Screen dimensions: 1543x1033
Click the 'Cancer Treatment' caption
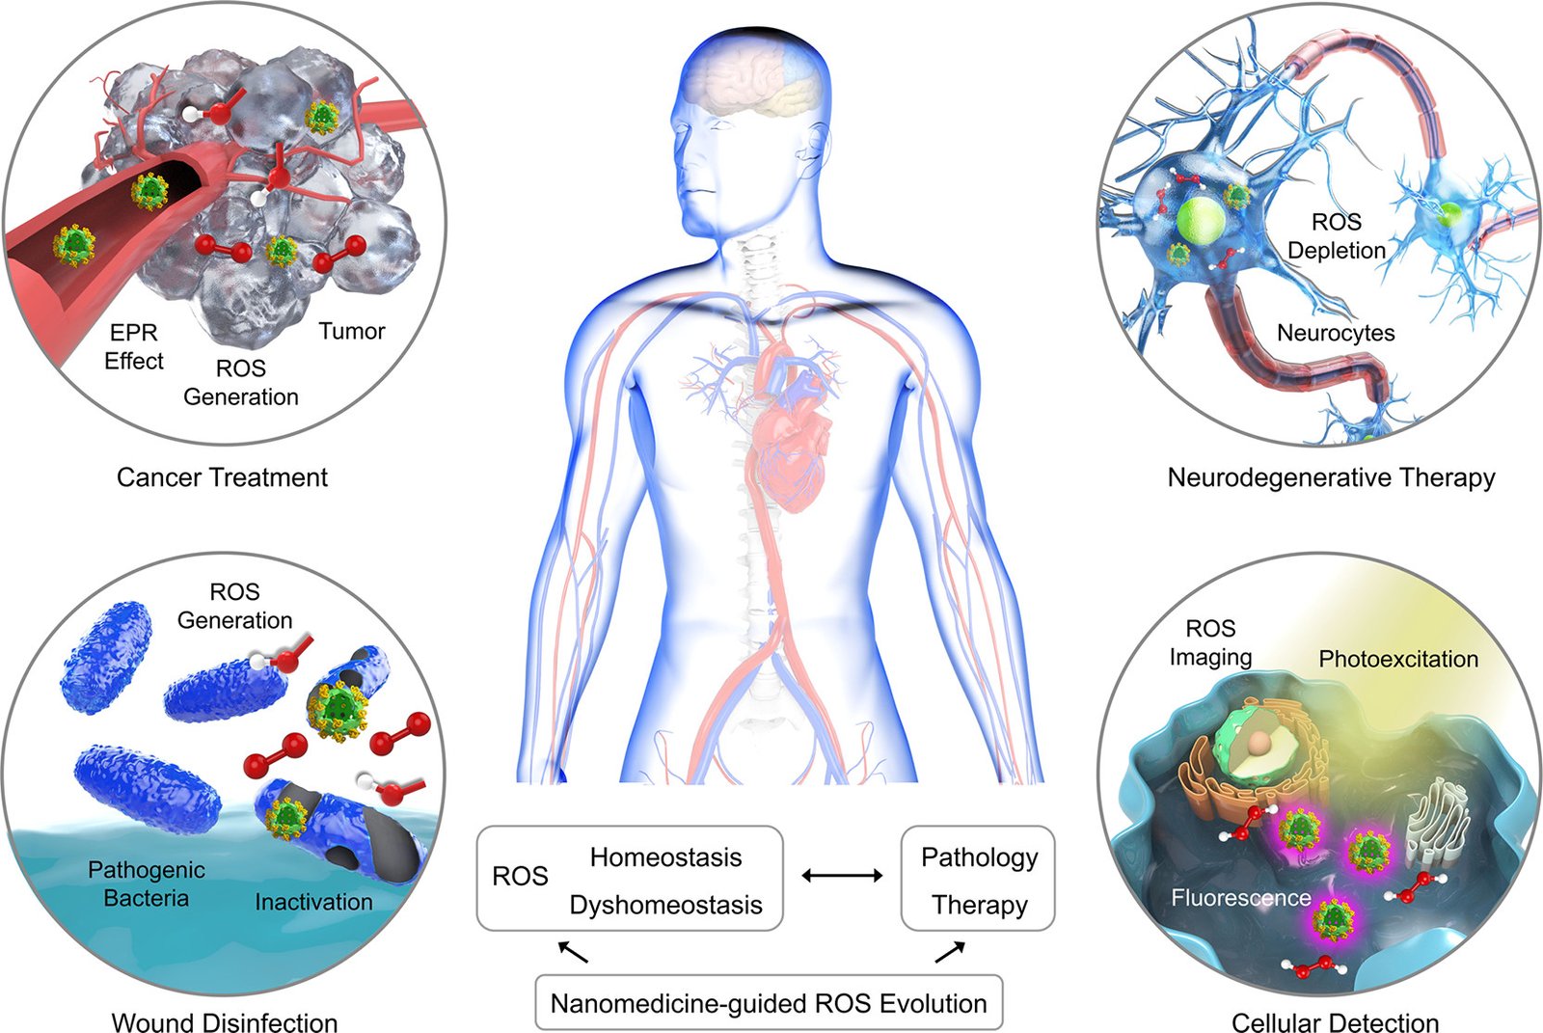click(x=222, y=477)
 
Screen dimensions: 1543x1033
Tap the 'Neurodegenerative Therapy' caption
click(x=1331, y=477)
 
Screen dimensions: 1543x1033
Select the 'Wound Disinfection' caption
click(x=225, y=1021)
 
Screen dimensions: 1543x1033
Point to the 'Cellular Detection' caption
click(x=1335, y=1021)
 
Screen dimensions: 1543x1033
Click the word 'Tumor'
click(x=351, y=332)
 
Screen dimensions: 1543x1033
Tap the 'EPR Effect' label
click(x=134, y=346)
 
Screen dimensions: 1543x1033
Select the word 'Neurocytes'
click(x=1336, y=333)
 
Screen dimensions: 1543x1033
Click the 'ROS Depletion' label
click(x=1337, y=235)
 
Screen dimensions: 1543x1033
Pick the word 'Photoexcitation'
click(x=1398, y=659)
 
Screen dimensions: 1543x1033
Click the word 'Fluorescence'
click(x=1240, y=897)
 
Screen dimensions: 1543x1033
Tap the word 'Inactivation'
click(x=313, y=902)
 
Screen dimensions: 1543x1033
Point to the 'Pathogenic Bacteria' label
click(x=146, y=883)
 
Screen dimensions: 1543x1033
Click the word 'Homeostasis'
click(x=665, y=857)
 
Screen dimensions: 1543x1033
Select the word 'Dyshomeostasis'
click(x=665, y=905)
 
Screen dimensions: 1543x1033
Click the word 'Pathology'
click(x=979, y=858)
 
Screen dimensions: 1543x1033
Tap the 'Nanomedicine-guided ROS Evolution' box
click(x=769, y=1003)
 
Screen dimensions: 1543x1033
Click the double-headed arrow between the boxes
click(x=842, y=876)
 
